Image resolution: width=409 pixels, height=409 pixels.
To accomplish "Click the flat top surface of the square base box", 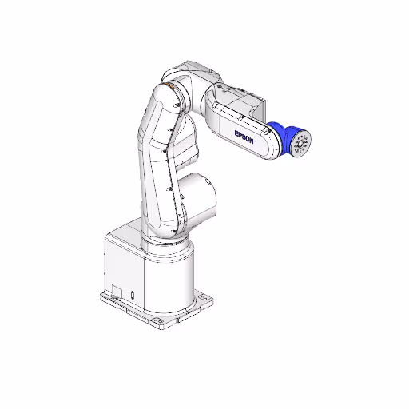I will [x=128, y=240].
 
